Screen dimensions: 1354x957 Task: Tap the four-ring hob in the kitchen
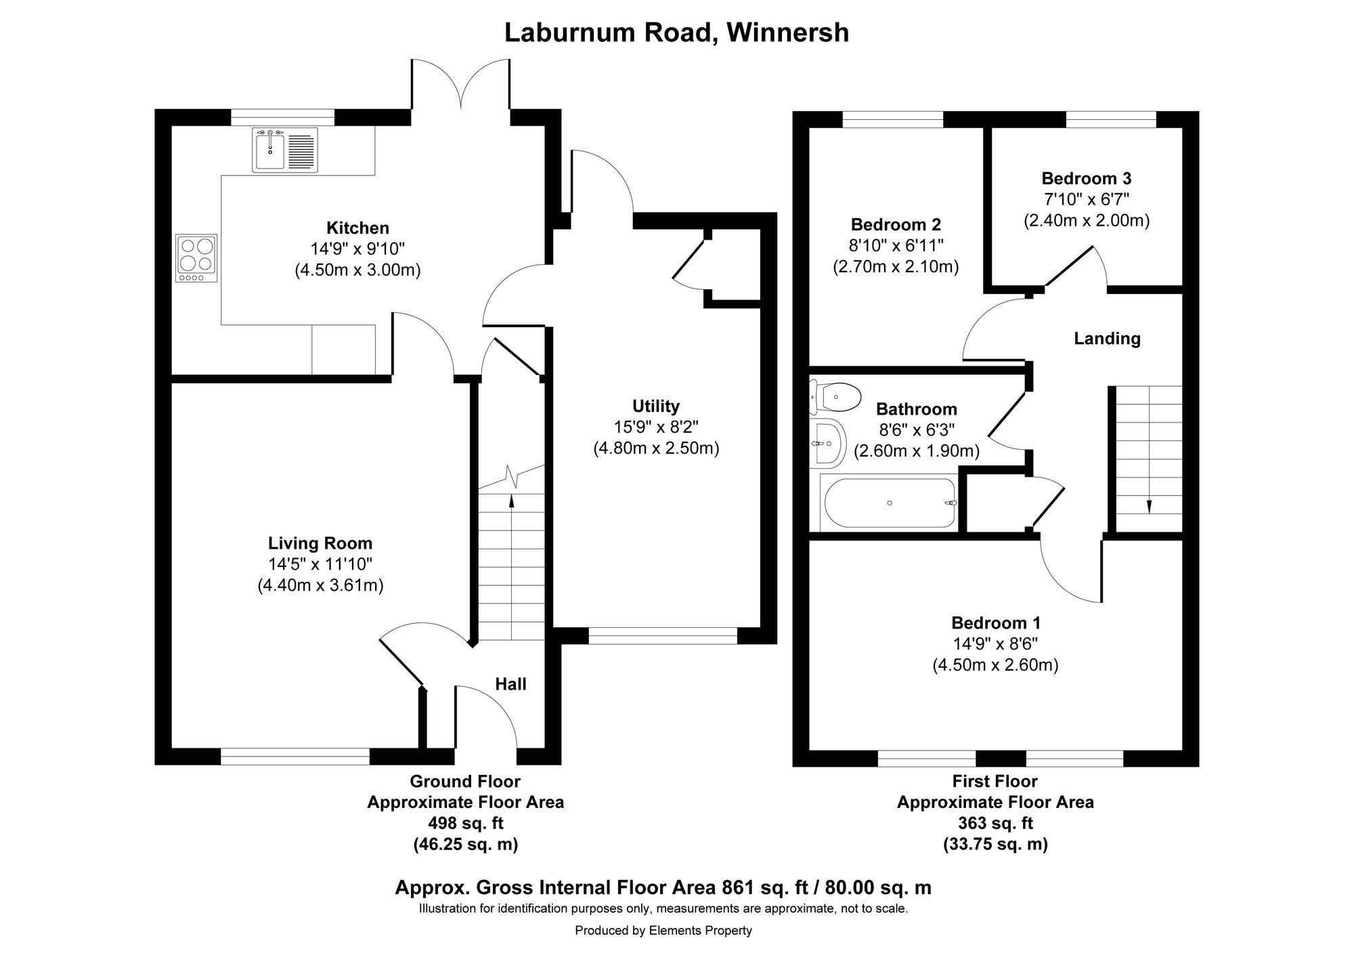pyautogui.click(x=196, y=258)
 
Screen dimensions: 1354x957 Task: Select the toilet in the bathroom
pyautogui.click(x=835, y=396)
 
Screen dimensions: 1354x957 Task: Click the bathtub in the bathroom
pyautogui.click(x=889, y=503)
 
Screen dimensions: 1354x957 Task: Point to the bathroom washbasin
pyautogui.click(x=827, y=444)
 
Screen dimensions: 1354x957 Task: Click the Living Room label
pyautogui.click(x=320, y=543)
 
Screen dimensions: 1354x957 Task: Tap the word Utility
pyautogui.click(x=655, y=406)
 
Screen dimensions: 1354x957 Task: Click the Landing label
pyautogui.click(x=1107, y=339)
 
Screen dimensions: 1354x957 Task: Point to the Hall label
pyautogui.click(x=510, y=684)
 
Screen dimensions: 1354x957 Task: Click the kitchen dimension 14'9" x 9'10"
pyautogui.click(x=357, y=249)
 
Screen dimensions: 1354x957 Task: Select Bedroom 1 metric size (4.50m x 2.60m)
pyautogui.click(x=995, y=665)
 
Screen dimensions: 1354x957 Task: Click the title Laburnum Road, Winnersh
pyautogui.click(x=677, y=33)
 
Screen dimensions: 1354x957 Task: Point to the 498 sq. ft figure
pyautogui.click(x=466, y=824)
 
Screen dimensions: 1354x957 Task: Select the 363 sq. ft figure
pyautogui.click(x=995, y=824)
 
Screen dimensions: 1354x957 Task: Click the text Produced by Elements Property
pyautogui.click(x=663, y=931)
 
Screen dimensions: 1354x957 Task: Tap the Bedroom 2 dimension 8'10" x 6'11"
pyautogui.click(x=896, y=245)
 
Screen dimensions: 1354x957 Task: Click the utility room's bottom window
pyautogui.click(x=663, y=635)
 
